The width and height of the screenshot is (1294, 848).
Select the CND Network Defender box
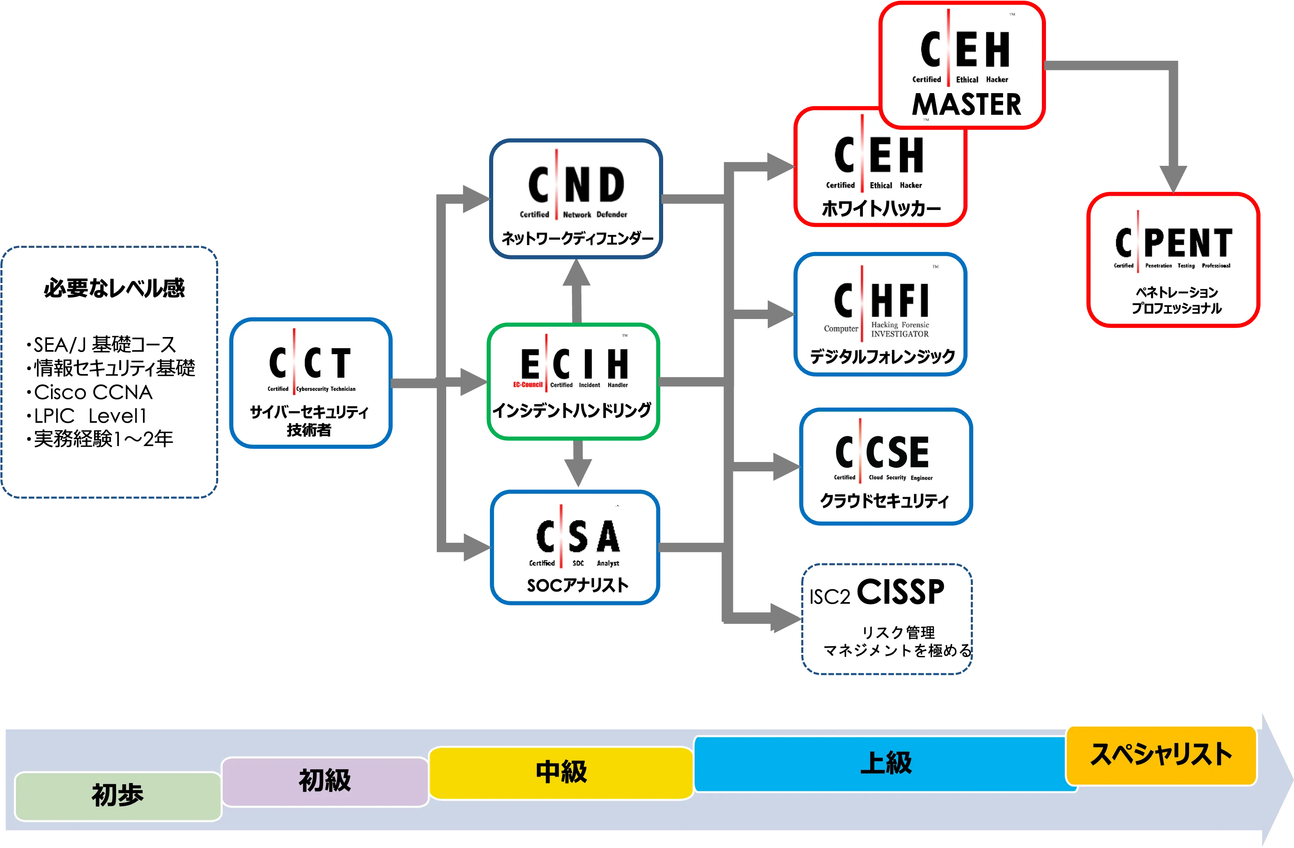tap(577, 199)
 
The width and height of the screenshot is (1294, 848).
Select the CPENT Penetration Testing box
tap(1173, 259)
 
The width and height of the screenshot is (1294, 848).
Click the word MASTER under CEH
tap(966, 105)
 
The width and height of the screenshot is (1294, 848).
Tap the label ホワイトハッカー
tap(881, 209)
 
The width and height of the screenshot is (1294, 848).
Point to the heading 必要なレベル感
tap(115, 288)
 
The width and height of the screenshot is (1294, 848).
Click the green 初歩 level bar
tap(117, 796)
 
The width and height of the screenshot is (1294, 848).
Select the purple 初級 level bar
tap(324, 781)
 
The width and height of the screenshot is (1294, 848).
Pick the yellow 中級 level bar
tap(561, 772)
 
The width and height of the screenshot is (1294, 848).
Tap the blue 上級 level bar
tap(885, 763)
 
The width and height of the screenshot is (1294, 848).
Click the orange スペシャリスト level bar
tap(1161, 754)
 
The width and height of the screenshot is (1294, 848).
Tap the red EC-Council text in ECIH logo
tap(527, 385)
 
